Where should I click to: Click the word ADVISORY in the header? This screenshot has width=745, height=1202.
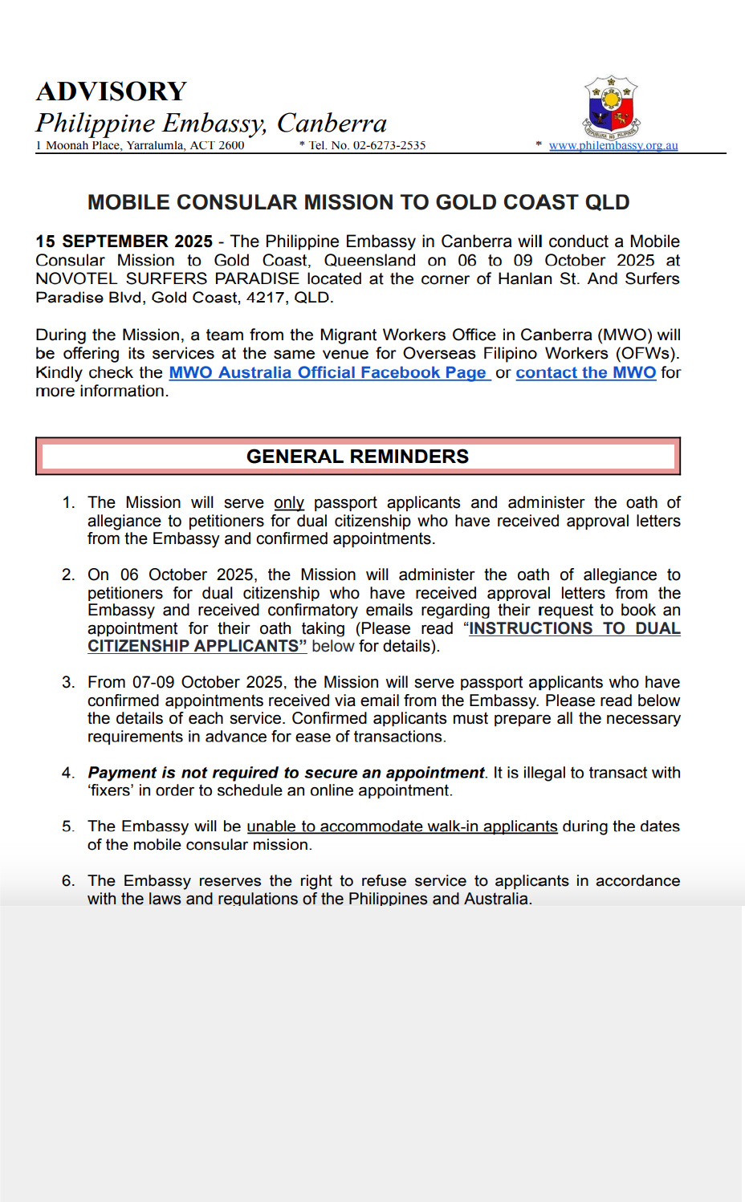click(x=111, y=91)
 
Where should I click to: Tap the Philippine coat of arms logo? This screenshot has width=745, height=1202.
click(x=611, y=108)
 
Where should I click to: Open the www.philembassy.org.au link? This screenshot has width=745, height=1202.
click(x=613, y=146)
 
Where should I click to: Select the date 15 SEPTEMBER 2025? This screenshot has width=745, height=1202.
click(x=124, y=242)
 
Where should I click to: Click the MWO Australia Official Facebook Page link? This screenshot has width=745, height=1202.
click(x=328, y=372)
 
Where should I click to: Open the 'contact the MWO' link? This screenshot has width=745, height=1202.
click(x=585, y=372)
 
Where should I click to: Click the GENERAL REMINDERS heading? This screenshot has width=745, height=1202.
click(x=357, y=457)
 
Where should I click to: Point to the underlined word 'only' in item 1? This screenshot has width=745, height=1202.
click(x=288, y=502)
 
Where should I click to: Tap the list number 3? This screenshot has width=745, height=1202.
click(x=67, y=682)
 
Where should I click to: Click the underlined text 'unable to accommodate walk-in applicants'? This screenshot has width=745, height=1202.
click(x=401, y=826)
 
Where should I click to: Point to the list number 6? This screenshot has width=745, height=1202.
click(x=67, y=881)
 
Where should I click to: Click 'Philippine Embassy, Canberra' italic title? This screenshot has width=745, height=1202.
click(x=211, y=123)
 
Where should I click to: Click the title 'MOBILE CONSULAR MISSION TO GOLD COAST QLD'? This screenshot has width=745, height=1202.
click(x=358, y=202)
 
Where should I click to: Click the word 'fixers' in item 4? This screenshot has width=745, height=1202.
click(x=111, y=790)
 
